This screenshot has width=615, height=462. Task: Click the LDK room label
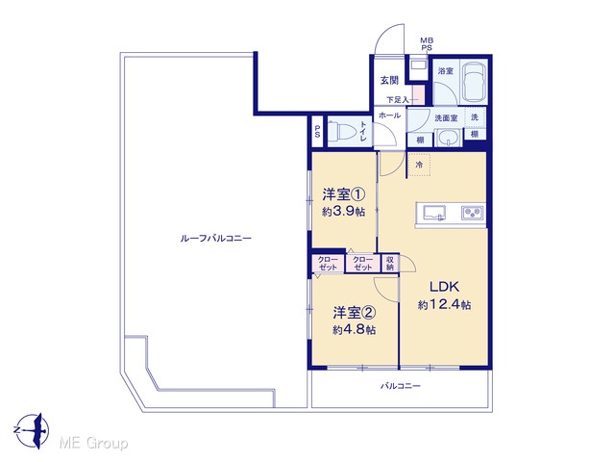pos(444,287)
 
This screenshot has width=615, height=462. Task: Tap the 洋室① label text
pos(344,194)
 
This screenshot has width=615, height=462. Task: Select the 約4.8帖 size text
pos(355,330)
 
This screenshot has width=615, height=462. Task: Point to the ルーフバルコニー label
pos(215,238)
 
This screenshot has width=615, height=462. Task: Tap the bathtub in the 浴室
pos(474,83)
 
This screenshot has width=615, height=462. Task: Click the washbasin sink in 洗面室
pos(448,139)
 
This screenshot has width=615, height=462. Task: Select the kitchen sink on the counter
pos(433,213)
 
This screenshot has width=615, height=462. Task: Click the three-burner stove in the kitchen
pos(472,213)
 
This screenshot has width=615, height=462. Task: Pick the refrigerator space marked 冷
pos(419,165)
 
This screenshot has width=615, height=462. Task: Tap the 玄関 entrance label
pos(389,80)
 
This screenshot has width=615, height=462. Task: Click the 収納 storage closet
pos(390,263)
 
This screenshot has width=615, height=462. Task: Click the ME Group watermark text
pos(93,444)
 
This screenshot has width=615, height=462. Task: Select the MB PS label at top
pos(427,44)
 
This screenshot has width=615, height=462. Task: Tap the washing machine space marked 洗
pos(475,117)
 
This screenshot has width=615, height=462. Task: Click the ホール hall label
pos(389,115)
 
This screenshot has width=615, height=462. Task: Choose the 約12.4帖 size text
pos(444,304)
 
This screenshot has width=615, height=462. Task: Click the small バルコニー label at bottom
pos(401,386)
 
